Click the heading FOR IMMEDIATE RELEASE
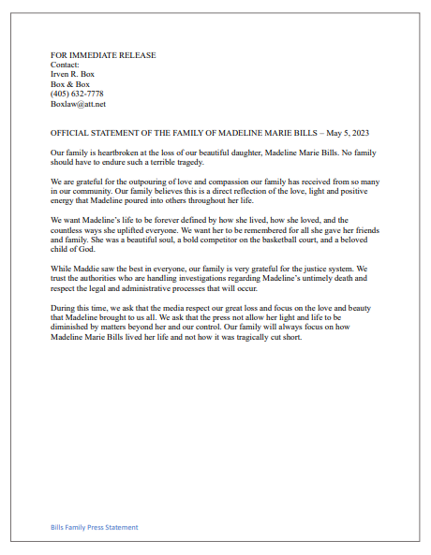(103, 55)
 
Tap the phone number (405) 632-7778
(78, 93)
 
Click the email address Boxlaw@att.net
(79, 104)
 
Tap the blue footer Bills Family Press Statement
(95, 527)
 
